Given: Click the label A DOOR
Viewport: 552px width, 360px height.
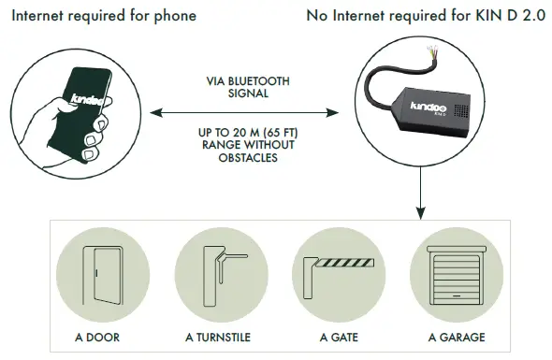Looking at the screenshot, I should [99, 337].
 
